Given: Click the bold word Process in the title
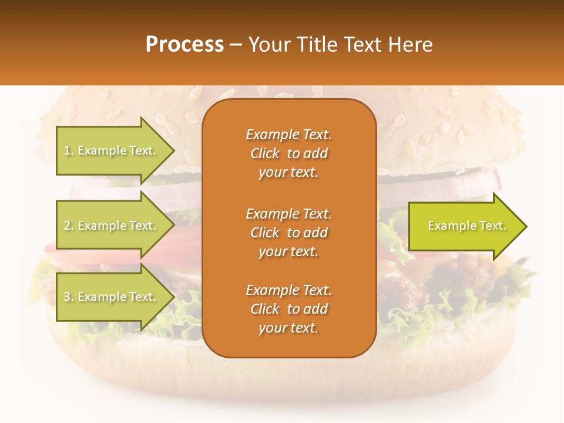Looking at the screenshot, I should coord(184,45).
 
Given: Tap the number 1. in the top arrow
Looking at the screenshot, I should coord(69,151).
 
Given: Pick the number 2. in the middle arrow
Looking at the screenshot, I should coord(69,226).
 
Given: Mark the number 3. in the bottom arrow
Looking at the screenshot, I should coord(69,297).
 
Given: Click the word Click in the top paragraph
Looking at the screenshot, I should coord(265,153).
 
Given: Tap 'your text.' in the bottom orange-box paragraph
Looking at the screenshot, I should coord(288,328).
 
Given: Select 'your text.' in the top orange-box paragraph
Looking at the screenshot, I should coord(288,173).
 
